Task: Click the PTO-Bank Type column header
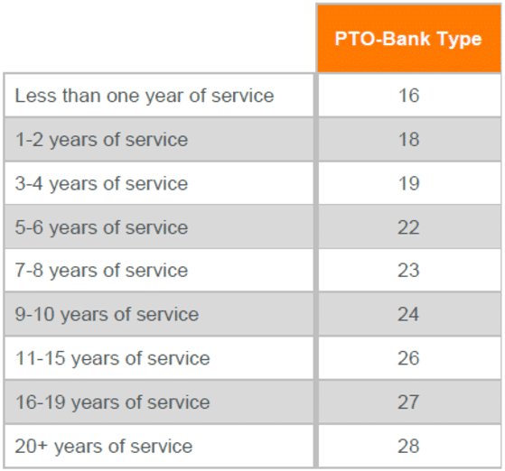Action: click(x=408, y=39)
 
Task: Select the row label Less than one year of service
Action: click(x=145, y=96)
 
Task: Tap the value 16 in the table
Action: click(x=408, y=96)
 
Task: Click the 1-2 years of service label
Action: click(x=101, y=140)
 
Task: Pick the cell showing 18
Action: click(x=408, y=140)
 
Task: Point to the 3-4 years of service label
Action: click(x=101, y=184)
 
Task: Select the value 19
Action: click(x=408, y=184)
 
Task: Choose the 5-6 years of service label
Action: click(x=101, y=227)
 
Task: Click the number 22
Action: click(x=408, y=227)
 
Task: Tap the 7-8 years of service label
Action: click(x=101, y=271)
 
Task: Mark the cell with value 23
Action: click(x=408, y=271)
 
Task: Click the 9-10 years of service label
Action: click(x=107, y=315)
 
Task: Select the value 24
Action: click(x=408, y=315)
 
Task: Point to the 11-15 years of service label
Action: click(x=112, y=358)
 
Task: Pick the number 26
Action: click(x=408, y=358)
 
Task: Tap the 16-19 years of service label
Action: click(x=112, y=402)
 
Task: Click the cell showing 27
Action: click(x=408, y=402)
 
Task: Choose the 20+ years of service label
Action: click(x=104, y=446)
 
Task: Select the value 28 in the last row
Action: click(x=408, y=446)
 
